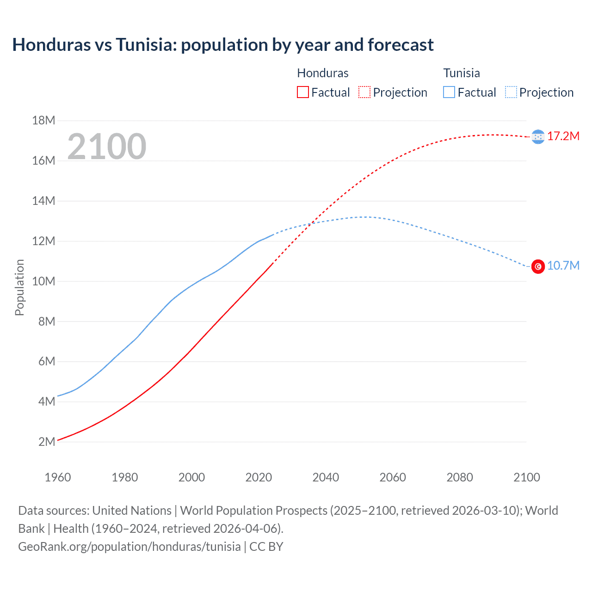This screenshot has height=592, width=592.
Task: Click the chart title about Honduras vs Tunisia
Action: pyautogui.click(x=223, y=45)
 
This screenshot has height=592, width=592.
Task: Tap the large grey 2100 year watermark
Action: pyautogui.click(x=107, y=147)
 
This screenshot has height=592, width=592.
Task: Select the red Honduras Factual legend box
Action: pyautogui.click(x=302, y=92)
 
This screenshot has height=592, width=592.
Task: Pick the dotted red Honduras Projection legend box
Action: pyautogui.click(x=364, y=92)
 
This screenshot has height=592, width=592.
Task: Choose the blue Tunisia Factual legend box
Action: pyautogui.click(x=449, y=92)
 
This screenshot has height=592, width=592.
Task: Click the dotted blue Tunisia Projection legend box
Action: pyautogui.click(x=511, y=92)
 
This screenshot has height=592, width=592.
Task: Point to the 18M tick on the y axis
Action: pyautogui.click(x=43, y=121)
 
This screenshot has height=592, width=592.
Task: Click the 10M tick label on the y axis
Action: pyautogui.click(x=43, y=281)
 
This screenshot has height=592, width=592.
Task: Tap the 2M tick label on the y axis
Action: pyautogui.click(x=46, y=442)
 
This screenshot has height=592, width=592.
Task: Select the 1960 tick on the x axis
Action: pyautogui.click(x=58, y=477)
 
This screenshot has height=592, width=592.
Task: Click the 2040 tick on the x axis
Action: pyautogui.click(x=326, y=477)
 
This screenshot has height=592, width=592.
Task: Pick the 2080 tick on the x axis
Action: pyautogui.click(x=460, y=477)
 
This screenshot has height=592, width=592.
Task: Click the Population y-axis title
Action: pyautogui.click(x=19, y=287)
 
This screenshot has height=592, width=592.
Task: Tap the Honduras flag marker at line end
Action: pyautogui.click(x=538, y=136)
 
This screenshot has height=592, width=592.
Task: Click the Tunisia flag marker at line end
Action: pyautogui.click(x=538, y=266)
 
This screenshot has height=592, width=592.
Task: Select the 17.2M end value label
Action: pyautogui.click(x=563, y=136)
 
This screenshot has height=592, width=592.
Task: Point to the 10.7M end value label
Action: pyautogui.click(x=563, y=265)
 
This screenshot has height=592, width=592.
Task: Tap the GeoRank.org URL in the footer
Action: pyautogui.click(x=129, y=547)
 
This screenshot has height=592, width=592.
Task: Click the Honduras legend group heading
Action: pyautogui.click(x=322, y=73)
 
